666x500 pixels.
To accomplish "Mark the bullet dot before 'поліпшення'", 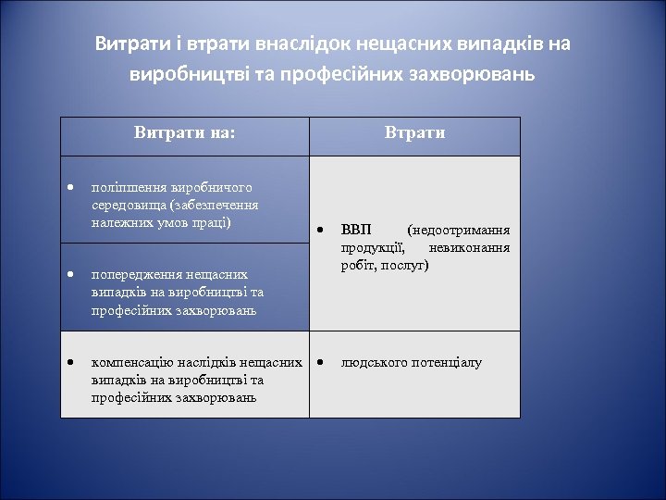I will click(x=69, y=188).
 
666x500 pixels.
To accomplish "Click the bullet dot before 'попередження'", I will click(x=69, y=274).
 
